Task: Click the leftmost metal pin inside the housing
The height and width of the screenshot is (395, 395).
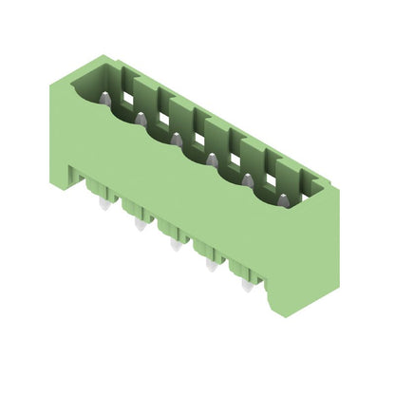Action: pos(105,98)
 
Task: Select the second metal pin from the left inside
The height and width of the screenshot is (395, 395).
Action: pos(141,119)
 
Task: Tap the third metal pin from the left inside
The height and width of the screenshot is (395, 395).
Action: pos(177,140)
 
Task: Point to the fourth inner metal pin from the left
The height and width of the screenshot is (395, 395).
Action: pos(212,159)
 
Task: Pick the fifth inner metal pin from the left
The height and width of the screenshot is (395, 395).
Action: pos(248,179)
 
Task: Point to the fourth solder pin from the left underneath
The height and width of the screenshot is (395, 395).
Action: pos(211,265)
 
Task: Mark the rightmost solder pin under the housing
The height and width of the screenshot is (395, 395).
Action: pos(247,285)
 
